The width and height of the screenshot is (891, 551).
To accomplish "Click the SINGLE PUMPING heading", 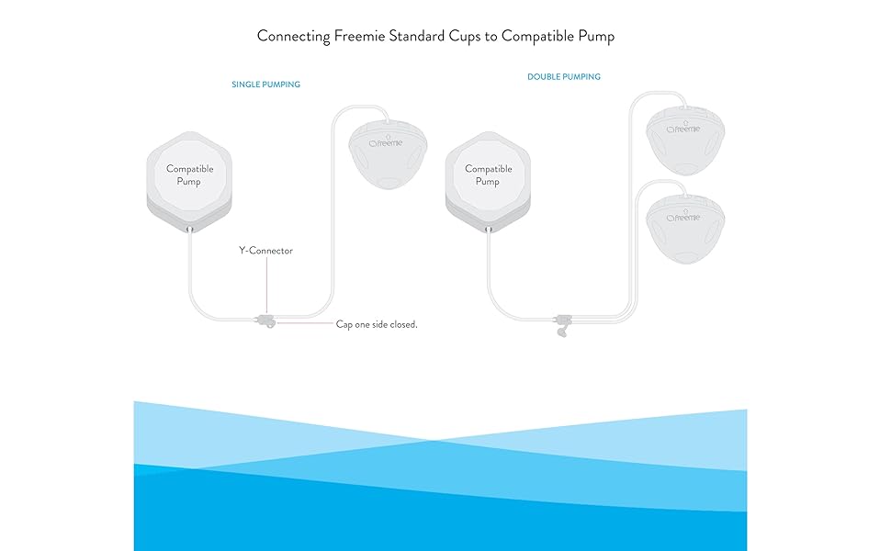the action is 265,84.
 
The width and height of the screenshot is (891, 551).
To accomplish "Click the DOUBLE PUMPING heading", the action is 563,77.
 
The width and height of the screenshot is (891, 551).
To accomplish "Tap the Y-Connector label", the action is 265,251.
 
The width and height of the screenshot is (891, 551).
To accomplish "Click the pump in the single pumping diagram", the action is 189,179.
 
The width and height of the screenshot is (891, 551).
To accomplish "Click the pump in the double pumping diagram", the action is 488,179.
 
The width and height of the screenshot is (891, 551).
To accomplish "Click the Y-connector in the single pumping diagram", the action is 265,321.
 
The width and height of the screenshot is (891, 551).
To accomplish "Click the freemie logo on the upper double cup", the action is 684,129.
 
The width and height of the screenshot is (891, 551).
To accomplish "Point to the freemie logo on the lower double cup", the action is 684,218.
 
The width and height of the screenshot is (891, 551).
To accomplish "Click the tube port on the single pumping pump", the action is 189,229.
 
